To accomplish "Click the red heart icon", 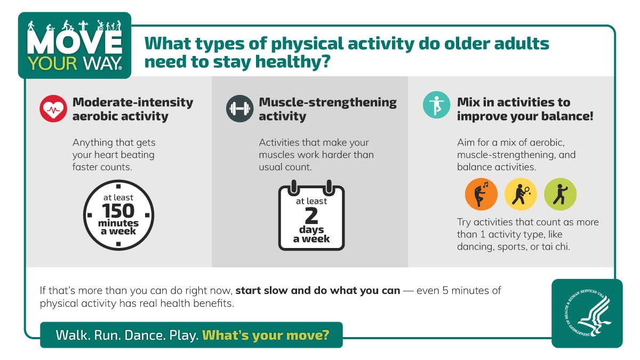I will [x=53, y=109].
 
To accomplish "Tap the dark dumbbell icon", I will [x=239, y=109].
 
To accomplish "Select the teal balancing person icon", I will [x=436, y=105].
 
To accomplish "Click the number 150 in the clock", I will [x=119, y=211].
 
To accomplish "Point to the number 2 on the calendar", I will [x=311, y=215].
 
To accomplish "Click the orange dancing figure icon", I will [x=481, y=194].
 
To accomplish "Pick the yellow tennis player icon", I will [x=521, y=194].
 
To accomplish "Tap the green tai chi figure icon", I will [x=560, y=194].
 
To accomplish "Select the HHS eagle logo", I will [x=587, y=313].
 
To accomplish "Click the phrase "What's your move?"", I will [x=266, y=335].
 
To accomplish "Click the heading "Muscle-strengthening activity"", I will [x=327, y=109].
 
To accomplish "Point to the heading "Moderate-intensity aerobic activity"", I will [x=133, y=109].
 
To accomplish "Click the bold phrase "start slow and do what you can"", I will [x=317, y=291].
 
